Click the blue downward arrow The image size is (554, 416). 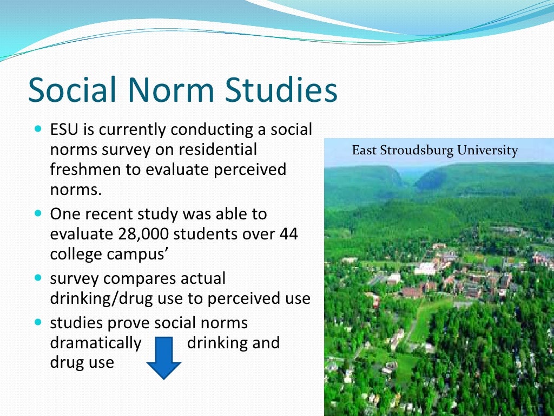coord(164,357)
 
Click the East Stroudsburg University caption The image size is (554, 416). coord(434,151)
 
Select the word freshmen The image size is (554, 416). coord(84,170)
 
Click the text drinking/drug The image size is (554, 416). coord(103,298)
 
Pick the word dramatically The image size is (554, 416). coord(95,343)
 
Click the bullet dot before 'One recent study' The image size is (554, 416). coord(37,213)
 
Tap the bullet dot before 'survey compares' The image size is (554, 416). coord(37,278)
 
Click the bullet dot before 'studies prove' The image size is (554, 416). coord(37,323)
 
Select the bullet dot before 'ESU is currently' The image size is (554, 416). coord(37,130)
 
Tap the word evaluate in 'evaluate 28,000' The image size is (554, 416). coord(82,234)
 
